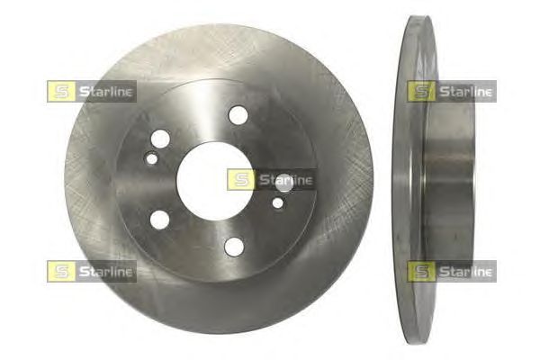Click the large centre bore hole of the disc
click(215, 181)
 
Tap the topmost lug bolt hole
click(238, 114)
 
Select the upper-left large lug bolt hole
click(160, 139)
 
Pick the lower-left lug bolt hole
click(160, 220)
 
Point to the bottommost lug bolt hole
click(234, 247)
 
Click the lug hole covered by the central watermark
click(284, 183)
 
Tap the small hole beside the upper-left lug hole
click(152, 158)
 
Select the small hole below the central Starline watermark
click(278, 202)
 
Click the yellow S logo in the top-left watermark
click(61, 91)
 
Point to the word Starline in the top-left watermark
click(105, 92)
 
